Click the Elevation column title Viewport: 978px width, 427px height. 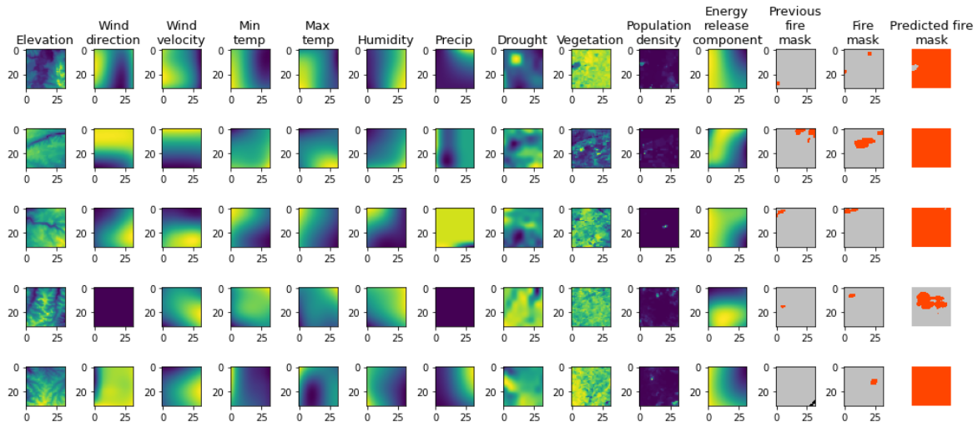coord(45,40)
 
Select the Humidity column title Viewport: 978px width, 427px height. coord(386,40)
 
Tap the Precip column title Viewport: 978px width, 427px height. coord(454,40)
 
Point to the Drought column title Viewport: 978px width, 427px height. coord(522,40)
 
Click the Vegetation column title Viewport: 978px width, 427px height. coord(590,40)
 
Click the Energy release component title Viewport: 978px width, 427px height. coord(727,26)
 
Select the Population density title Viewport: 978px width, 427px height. coord(658,33)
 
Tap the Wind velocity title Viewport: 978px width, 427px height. coord(181,33)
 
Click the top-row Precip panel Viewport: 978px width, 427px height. coord(454,69)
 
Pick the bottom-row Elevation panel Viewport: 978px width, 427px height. coord(45,386)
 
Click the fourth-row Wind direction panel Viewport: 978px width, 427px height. coord(113,307)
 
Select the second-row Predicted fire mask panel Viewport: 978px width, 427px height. coord(931,148)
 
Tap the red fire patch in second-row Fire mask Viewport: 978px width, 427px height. coord(860,143)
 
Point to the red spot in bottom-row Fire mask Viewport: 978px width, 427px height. coord(873,381)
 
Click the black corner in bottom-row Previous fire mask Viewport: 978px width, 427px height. coord(811,403)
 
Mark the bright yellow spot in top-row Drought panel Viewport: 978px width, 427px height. coord(516,59)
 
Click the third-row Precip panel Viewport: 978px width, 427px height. coord(454,228)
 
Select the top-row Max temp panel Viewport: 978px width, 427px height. coord(317,69)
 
